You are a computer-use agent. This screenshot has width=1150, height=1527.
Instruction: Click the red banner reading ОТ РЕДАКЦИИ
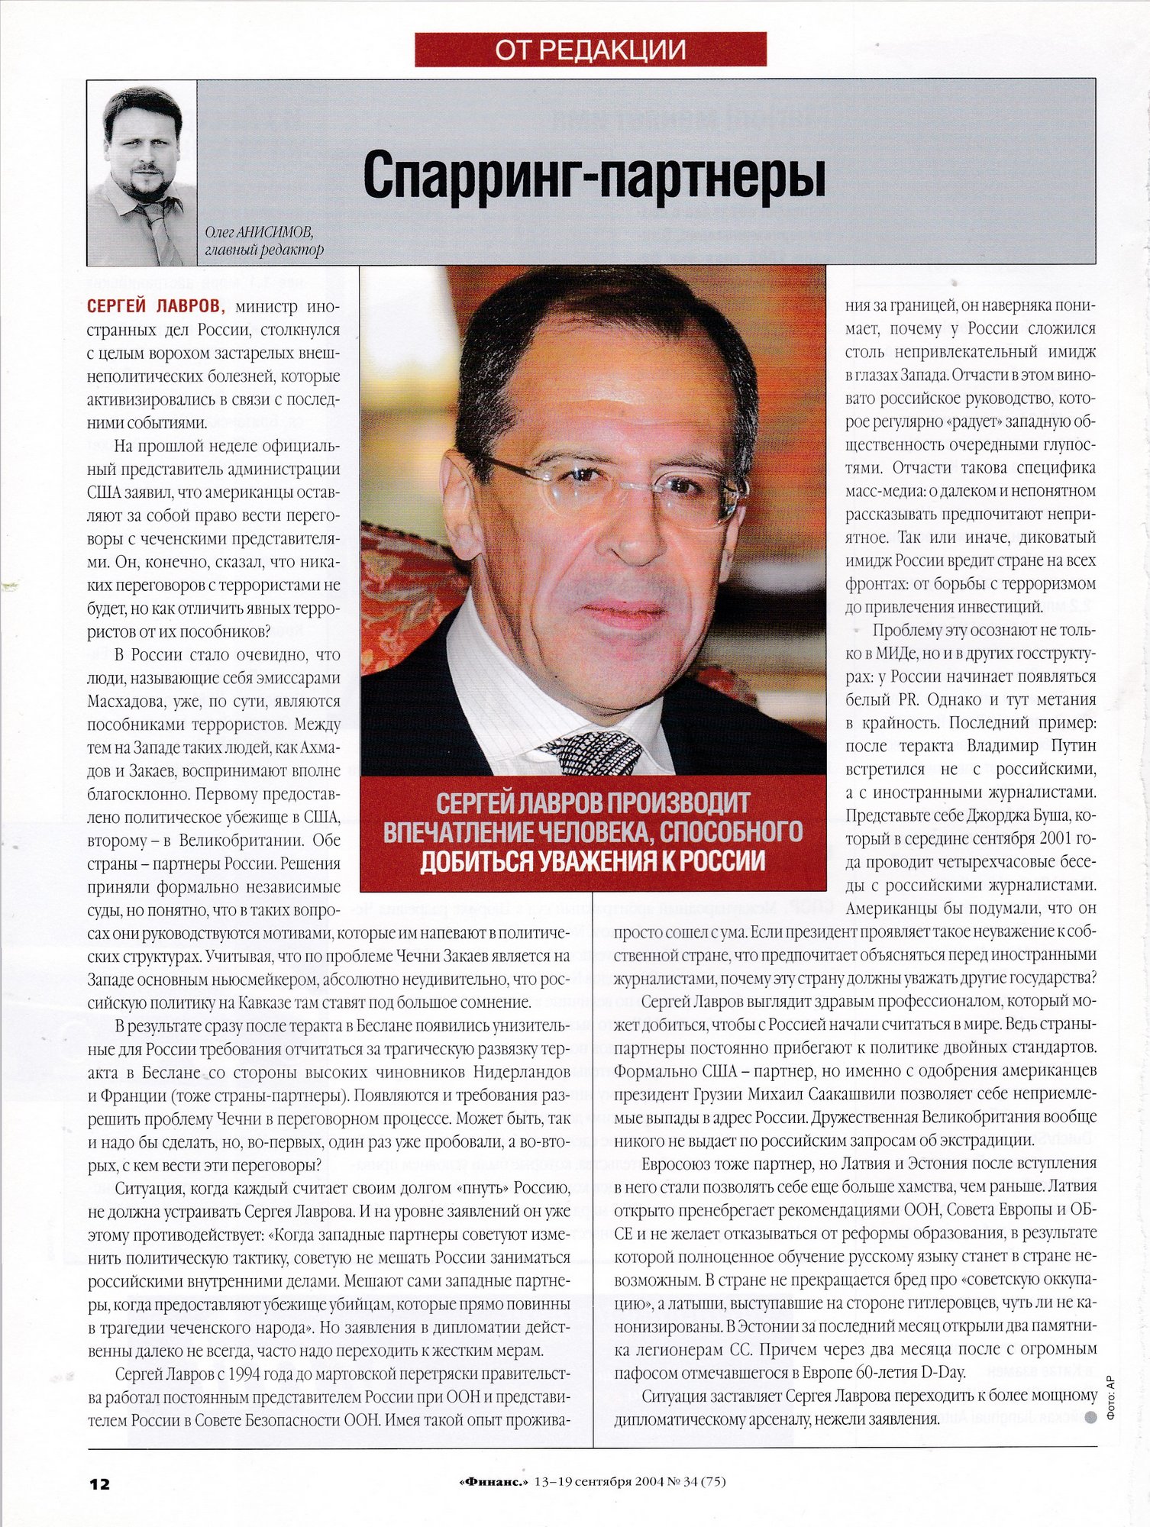point(590,49)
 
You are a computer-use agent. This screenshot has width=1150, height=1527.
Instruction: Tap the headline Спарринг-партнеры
point(594,175)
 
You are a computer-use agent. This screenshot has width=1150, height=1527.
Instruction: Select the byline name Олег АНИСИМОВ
point(260,232)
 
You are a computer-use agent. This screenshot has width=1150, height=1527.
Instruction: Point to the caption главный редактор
point(264,250)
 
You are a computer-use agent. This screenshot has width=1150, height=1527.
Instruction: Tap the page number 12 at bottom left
point(99,1483)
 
